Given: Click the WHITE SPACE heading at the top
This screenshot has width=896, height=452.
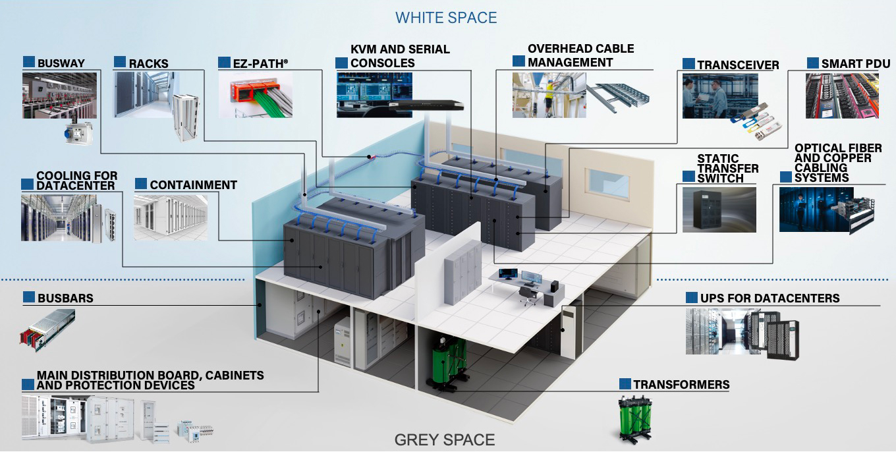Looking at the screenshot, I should tap(446, 17).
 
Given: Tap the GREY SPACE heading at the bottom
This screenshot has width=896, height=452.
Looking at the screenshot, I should tap(444, 439).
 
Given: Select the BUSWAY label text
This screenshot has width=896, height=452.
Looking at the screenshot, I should tap(61, 63).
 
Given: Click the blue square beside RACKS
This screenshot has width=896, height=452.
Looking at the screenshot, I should tap(120, 63).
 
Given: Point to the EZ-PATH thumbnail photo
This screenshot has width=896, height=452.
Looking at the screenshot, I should tap(255, 96).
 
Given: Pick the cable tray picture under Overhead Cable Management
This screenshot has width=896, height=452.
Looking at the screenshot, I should tap(618, 97).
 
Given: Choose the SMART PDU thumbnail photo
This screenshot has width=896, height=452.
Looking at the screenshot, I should tap(841, 96).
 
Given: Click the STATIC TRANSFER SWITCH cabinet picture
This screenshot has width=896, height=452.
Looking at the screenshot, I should tap(719, 210).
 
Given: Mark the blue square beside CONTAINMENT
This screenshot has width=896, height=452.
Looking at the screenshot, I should tap(140, 184).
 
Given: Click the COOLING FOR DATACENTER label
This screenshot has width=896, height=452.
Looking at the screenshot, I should tap(76, 181).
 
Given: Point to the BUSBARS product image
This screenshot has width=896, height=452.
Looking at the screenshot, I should tap(47, 329).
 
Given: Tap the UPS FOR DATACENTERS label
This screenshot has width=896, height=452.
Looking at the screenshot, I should tap(770, 298).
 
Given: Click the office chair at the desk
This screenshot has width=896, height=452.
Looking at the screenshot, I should tap(527, 295).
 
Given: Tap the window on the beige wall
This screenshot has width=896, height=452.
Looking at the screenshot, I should tap(607, 183).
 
